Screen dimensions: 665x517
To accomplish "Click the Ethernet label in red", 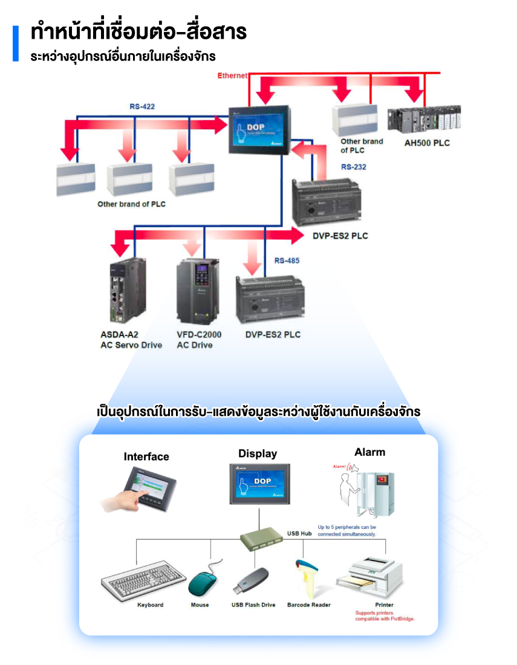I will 232,76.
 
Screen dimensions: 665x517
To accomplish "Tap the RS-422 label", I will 142,107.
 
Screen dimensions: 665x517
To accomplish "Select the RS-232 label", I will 354,167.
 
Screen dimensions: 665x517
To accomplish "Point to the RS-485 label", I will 287,261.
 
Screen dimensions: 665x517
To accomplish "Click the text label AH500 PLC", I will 427,143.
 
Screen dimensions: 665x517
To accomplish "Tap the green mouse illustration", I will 201,582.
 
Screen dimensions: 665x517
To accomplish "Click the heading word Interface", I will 146,456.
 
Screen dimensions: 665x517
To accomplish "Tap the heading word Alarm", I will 369,452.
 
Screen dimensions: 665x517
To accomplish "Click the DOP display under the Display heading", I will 259,484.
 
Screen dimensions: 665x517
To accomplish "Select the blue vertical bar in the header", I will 16,43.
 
